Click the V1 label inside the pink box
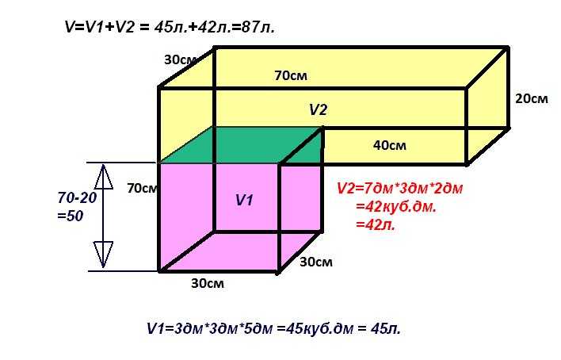click(x=245, y=200)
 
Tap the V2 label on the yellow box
click(x=318, y=109)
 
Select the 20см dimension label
click(x=532, y=98)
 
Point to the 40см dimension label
click(x=390, y=145)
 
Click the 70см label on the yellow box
click(x=291, y=75)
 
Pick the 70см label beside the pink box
click(x=143, y=188)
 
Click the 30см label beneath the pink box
click(x=208, y=283)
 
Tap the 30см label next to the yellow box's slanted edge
click(x=180, y=59)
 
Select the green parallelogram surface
click(x=240, y=145)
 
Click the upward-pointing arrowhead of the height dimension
click(x=104, y=177)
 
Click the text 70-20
click(x=78, y=197)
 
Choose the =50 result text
click(x=71, y=216)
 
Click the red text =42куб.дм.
click(x=396, y=207)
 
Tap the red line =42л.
click(x=376, y=224)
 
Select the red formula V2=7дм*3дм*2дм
click(x=400, y=188)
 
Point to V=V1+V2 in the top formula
click(x=100, y=28)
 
